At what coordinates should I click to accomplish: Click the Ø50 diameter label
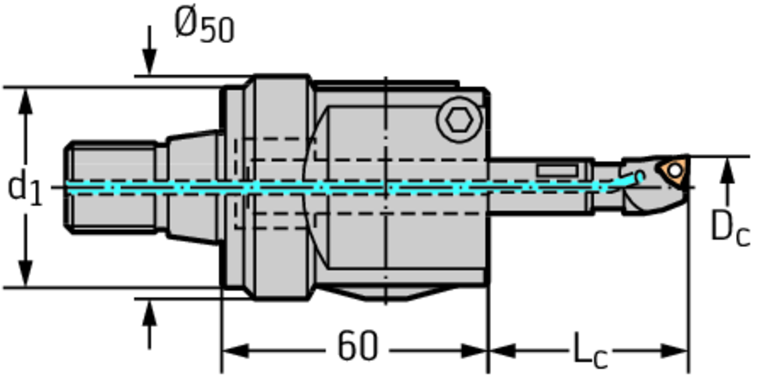[x=205, y=26]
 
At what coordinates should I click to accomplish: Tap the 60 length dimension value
[x=357, y=347]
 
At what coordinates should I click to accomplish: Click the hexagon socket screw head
[x=459, y=120]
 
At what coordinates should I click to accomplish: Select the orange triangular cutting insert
[x=673, y=171]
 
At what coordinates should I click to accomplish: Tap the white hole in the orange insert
[x=675, y=170]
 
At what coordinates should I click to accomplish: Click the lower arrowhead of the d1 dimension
[x=25, y=273]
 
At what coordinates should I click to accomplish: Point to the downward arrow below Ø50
[x=150, y=51]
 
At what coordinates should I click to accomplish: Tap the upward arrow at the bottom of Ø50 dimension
[x=150, y=325]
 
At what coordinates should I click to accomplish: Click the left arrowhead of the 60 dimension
[x=235, y=350]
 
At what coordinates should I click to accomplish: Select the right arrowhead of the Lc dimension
[x=675, y=350]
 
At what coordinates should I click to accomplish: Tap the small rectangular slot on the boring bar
[x=557, y=171]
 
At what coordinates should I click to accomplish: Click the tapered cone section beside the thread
[x=193, y=188]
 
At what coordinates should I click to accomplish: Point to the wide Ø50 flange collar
[x=281, y=188]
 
